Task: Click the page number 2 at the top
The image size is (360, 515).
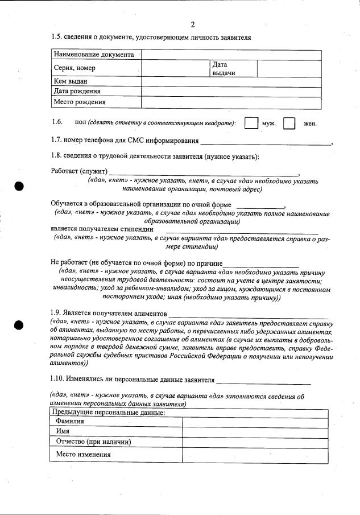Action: pyautogui.click(x=193, y=24)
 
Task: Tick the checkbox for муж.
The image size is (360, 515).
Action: pyautogui.click(x=250, y=123)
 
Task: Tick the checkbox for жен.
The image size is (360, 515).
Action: pyautogui.click(x=289, y=123)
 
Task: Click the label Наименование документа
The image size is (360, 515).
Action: pyautogui.click(x=94, y=55)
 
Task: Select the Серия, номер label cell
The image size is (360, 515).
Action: pyautogui.click(x=75, y=68)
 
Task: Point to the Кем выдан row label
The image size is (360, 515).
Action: pyautogui.click(x=71, y=81)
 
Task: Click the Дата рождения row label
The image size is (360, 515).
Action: pyautogui.click(x=77, y=91)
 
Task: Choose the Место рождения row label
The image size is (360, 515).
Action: pyautogui.click(x=80, y=102)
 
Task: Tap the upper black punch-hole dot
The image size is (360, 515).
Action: pyautogui.click(x=19, y=186)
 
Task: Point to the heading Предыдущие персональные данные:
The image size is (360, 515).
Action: pyautogui.click(x=109, y=413)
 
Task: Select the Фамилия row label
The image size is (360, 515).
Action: pyautogui.click(x=70, y=422)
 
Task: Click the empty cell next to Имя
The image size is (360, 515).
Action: pyautogui.click(x=255, y=432)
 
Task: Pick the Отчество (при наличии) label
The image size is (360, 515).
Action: pyautogui.click(x=94, y=442)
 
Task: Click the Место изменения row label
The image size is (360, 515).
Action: pyautogui.click(x=83, y=455)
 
